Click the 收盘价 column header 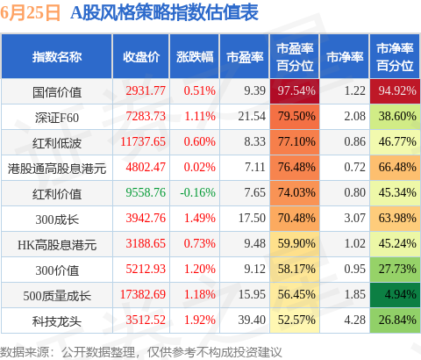pos(141,57)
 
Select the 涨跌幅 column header pos(195,57)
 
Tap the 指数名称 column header pos(57,57)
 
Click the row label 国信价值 pos(57,92)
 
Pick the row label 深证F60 pos(57,118)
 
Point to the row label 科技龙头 pos(57,321)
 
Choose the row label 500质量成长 pos(57,296)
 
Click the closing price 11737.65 pos(143,142)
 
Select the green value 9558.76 pos(146,192)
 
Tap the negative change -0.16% pos(197,192)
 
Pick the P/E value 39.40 pos(252,320)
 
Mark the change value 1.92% pos(200,320)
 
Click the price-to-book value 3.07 pos(354,218)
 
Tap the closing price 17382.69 pos(143,294)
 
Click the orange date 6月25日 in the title pos(31,13)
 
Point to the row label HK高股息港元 pos(57,245)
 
